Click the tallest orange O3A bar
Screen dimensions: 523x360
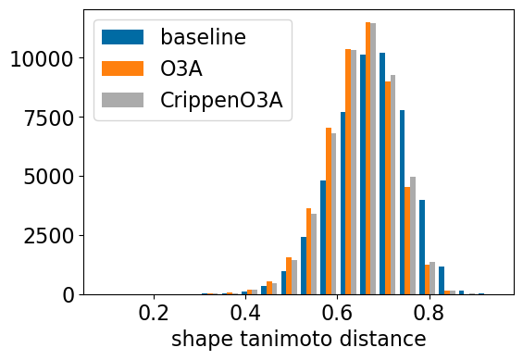pyautogui.click(x=367, y=158)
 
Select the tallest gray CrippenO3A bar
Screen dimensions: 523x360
pyautogui.click(x=373, y=159)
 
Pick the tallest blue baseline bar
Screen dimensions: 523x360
pyautogui.click(x=382, y=174)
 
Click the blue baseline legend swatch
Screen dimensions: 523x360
pyautogui.click(x=122, y=37)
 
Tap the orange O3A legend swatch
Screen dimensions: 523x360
pyautogui.click(x=122, y=68)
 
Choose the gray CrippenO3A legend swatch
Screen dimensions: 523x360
pyautogui.click(x=122, y=100)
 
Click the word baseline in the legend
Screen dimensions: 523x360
pyautogui.click(x=203, y=37)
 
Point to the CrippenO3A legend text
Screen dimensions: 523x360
pyautogui.click(x=221, y=100)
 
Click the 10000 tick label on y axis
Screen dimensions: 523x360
pyautogui.click(x=42, y=59)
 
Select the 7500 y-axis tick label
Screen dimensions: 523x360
pyautogui.click(x=49, y=118)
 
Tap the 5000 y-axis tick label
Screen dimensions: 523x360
pyautogui.click(x=49, y=178)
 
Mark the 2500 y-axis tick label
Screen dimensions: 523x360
pyautogui.click(x=49, y=236)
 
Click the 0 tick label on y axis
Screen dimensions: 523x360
pyautogui.click(x=68, y=295)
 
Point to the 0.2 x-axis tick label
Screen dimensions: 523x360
pyautogui.click(x=154, y=314)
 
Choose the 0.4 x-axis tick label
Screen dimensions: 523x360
pyautogui.click(x=245, y=314)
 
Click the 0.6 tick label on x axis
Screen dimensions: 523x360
pyautogui.click(x=338, y=314)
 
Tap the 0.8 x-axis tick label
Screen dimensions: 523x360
pyautogui.click(x=430, y=314)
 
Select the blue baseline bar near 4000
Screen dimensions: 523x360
pyautogui.click(x=422, y=247)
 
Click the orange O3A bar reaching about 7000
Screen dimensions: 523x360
pyautogui.click(x=329, y=211)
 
